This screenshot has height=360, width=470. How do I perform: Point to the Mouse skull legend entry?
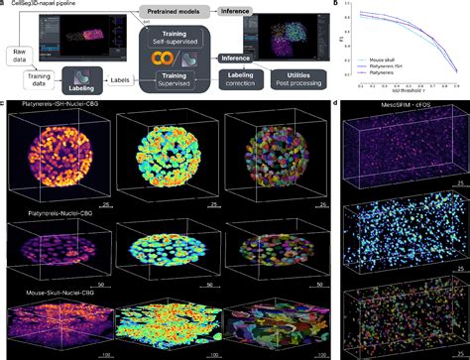coord(379,59)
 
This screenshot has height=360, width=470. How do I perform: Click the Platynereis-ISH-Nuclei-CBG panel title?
coord(57,104)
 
